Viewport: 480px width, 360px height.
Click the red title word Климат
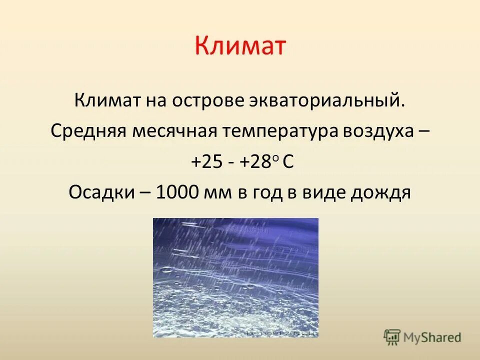point(240,46)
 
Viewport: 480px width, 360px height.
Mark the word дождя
point(381,193)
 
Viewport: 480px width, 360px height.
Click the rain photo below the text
point(235,277)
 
